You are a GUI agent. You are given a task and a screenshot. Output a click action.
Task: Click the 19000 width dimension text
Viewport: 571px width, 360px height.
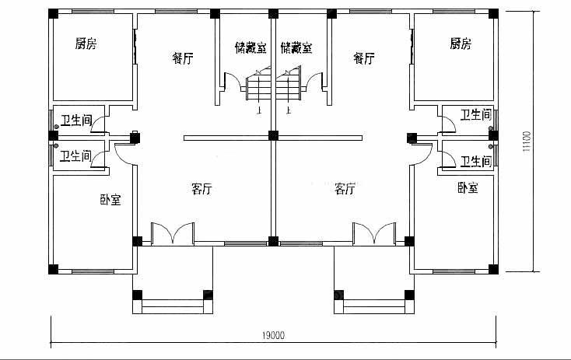[274, 335]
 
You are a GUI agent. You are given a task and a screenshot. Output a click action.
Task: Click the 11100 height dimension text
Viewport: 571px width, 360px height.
[527, 142]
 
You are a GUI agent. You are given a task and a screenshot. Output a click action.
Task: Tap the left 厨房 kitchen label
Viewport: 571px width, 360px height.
[86, 44]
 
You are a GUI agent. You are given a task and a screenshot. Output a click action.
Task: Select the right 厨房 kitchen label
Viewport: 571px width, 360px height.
[461, 44]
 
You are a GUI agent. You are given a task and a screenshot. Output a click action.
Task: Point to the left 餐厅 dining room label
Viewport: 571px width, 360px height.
[183, 58]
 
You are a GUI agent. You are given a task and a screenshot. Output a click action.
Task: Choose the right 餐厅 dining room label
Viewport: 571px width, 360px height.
[364, 58]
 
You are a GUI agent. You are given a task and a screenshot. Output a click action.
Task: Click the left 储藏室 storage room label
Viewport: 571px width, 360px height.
[251, 47]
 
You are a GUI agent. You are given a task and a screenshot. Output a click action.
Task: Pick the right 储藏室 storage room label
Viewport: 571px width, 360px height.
[296, 47]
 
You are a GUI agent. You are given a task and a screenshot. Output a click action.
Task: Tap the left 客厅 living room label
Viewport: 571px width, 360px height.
[201, 189]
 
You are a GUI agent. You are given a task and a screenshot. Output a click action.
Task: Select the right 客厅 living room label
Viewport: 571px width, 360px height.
[345, 189]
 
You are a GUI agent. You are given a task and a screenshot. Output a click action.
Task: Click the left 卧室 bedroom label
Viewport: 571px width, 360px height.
[110, 200]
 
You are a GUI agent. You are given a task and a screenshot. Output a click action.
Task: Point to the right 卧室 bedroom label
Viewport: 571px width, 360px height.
[468, 188]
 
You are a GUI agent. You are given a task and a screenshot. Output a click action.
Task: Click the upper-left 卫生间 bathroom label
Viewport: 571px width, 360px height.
[76, 121]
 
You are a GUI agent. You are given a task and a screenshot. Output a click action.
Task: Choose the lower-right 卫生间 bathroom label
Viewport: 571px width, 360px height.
[476, 161]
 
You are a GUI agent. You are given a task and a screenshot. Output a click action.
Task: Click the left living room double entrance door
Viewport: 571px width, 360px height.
[173, 233]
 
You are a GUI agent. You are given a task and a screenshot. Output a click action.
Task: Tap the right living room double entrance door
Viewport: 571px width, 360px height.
[374, 233]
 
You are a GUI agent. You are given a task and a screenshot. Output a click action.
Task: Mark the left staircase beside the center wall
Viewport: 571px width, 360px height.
[258, 86]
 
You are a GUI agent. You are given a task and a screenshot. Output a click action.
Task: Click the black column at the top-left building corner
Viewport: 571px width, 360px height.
[53, 14]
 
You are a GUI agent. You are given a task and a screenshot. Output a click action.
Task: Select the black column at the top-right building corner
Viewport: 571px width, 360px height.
[493, 14]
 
